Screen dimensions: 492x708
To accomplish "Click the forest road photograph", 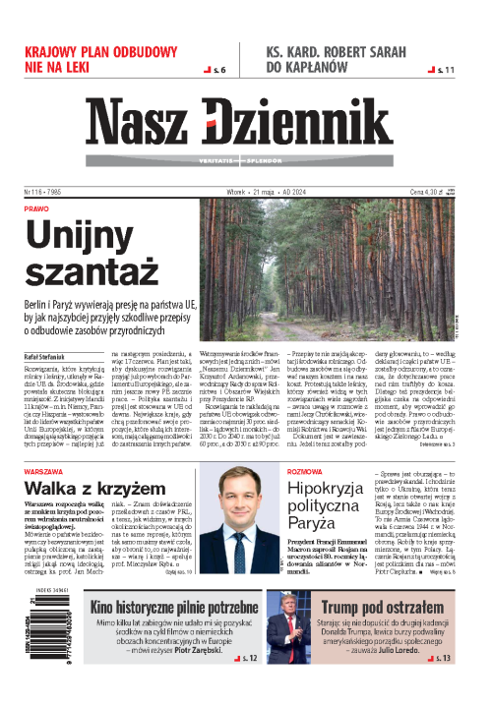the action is [x=350, y=260].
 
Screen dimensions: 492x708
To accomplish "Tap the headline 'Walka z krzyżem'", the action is [x=94, y=488].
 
